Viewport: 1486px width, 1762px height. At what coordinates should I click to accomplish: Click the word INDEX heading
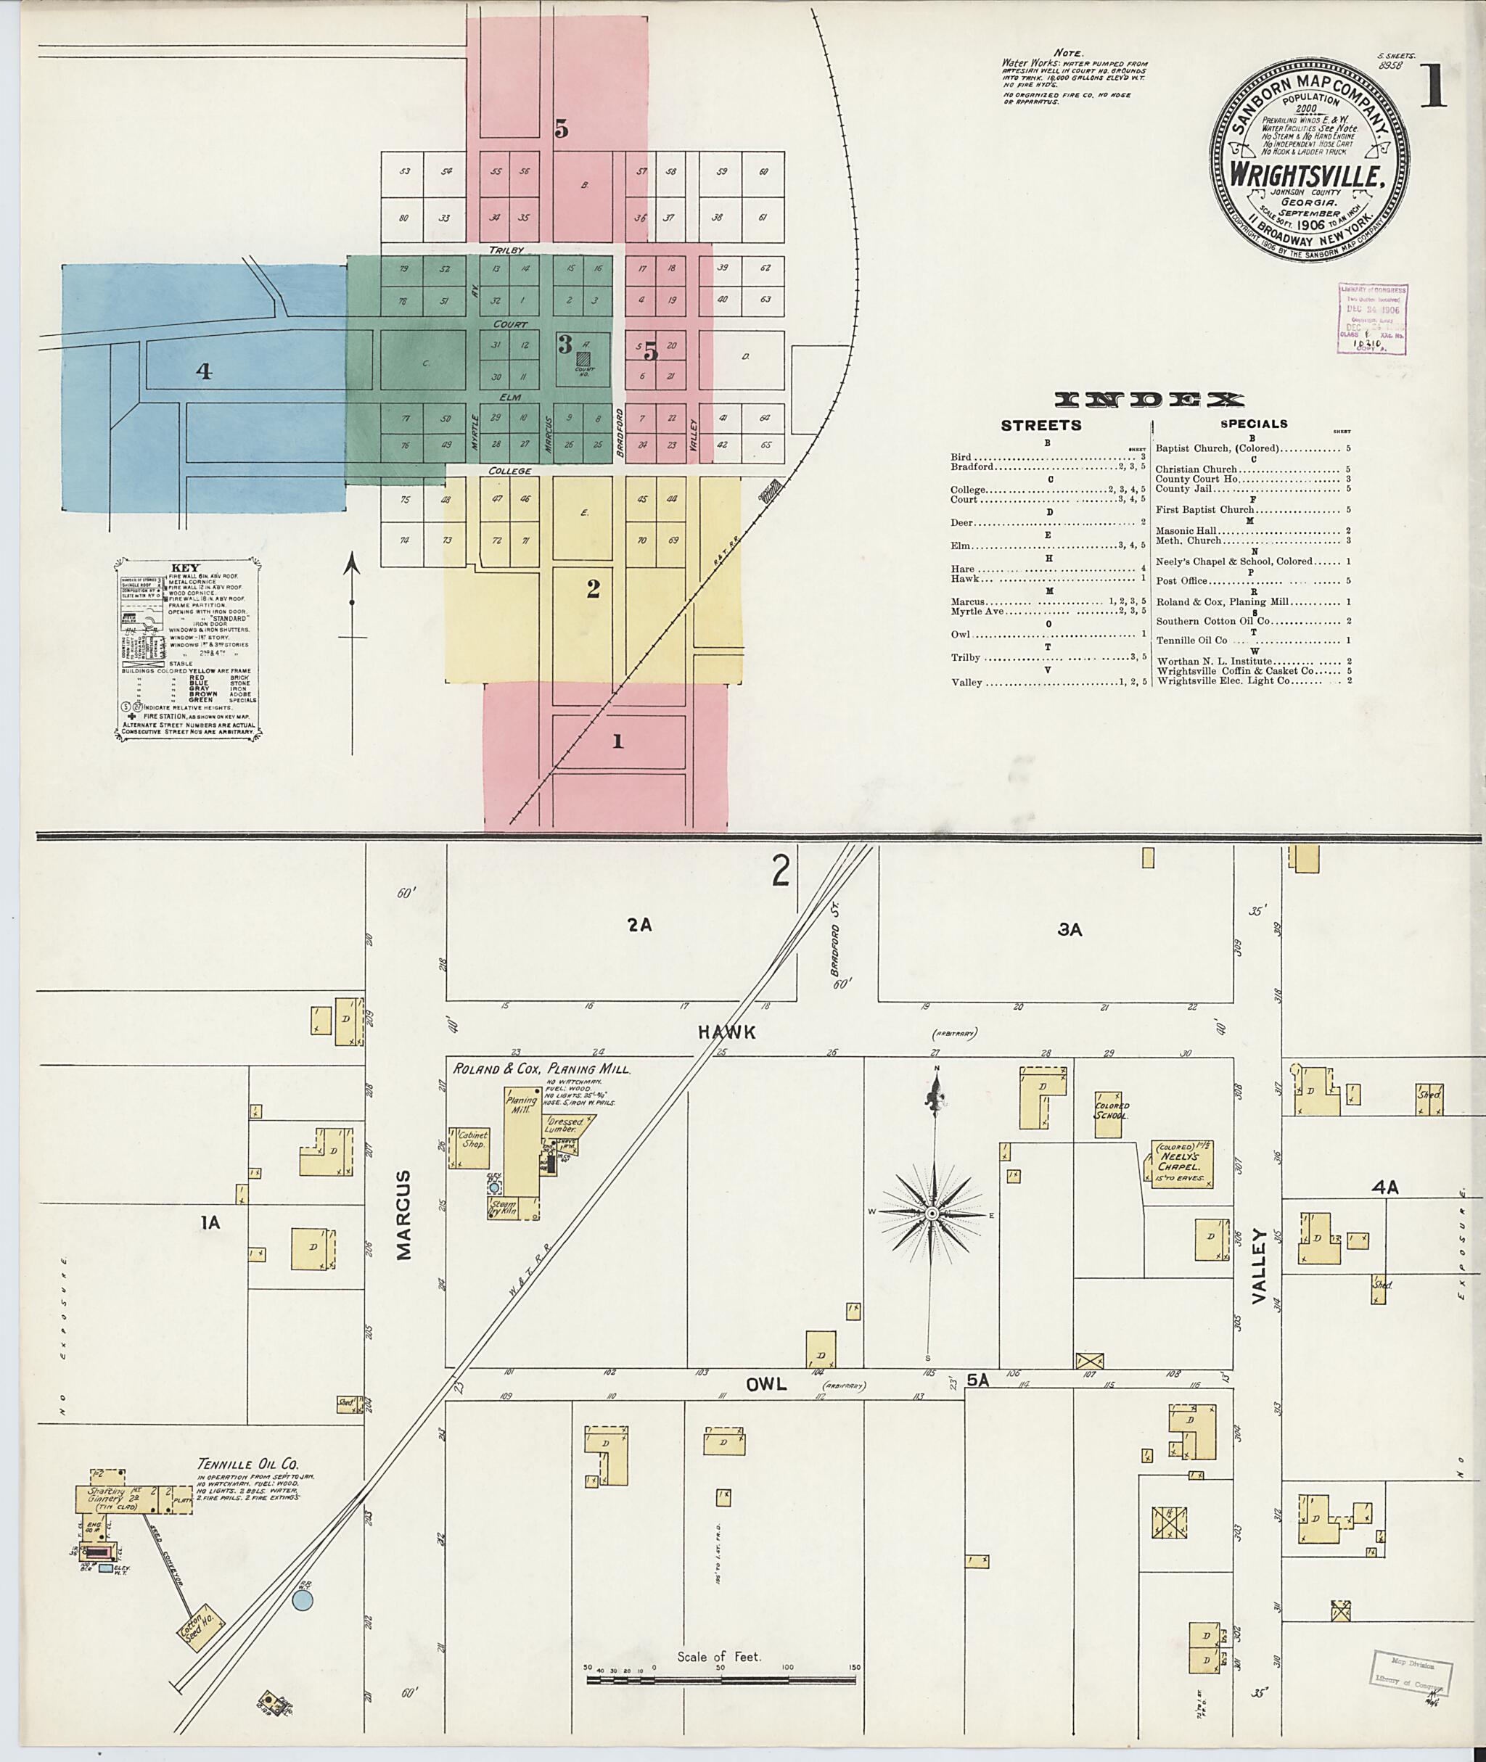pyautogui.click(x=1149, y=399)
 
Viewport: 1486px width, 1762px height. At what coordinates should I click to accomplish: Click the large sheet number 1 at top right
pyautogui.click(x=1433, y=87)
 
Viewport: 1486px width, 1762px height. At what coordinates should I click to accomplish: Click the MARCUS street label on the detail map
pyautogui.click(x=403, y=1214)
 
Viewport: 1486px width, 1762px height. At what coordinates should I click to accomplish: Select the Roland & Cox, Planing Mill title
pyautogui.click(x=542, y=1069)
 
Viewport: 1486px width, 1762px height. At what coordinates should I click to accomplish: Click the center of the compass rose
pyautogui.click(x=932, y=1214)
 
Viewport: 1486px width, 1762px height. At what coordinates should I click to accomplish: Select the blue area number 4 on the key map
pyautogui.click(x=204, y=371)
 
